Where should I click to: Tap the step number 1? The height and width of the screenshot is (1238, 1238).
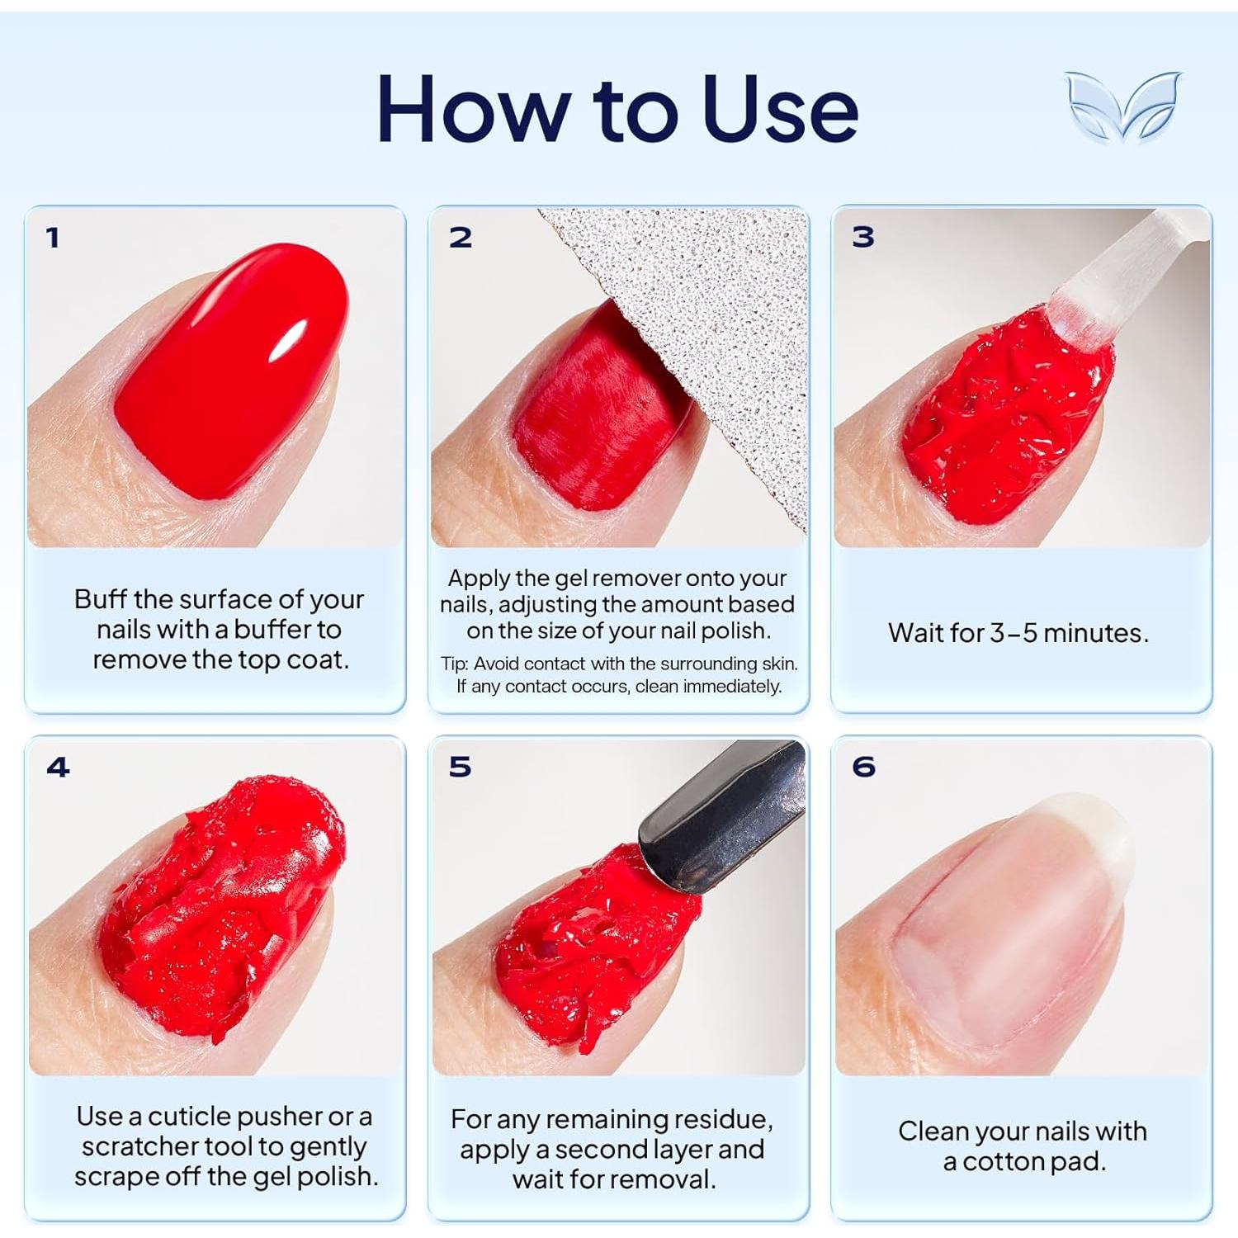pyautogui.click(x=53, y=238)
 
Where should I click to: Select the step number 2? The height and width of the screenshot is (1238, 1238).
pyautogui.click(x=461, y=238)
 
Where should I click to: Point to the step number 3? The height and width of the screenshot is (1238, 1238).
pyautogui.click(x=863, y=237)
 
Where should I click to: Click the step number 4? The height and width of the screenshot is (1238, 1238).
pyautogui.click(x=58, y=767)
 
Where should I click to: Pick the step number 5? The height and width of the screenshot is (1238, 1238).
pyautogui.click(x=461, y=767)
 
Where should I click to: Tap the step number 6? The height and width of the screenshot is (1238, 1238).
pyautogui.click(x=863, y=767)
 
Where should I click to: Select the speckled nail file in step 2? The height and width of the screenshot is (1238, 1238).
pyautogui.click(x=726, y=330)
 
